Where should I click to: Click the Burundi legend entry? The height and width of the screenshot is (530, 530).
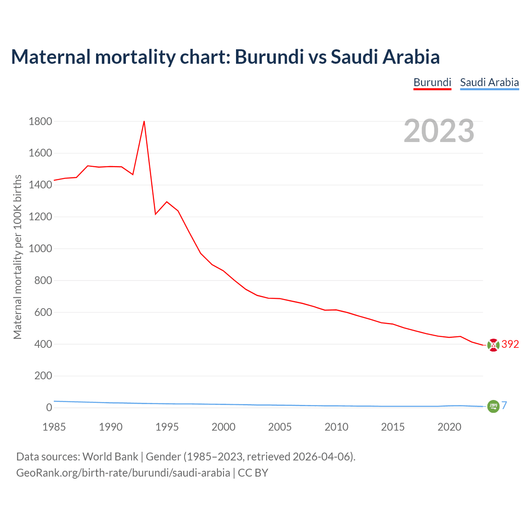432,82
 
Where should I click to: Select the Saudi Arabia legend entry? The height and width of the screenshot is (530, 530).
489,82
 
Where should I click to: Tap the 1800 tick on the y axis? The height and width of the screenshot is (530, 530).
41,121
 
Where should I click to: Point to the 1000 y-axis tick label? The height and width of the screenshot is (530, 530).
41,248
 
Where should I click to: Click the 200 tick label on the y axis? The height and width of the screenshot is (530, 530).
43,376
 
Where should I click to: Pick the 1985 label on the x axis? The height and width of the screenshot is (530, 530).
54,427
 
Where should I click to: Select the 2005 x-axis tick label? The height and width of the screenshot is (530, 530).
280,427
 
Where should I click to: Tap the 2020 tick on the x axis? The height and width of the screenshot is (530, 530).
449,427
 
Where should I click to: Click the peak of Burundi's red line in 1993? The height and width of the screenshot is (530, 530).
144,121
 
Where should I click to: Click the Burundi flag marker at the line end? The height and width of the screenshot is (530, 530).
493,345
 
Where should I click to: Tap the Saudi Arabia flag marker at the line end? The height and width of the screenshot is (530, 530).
493,406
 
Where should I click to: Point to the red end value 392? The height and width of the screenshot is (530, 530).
510,344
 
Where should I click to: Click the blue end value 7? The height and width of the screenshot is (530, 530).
504,406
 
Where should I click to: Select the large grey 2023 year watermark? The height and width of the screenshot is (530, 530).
439,131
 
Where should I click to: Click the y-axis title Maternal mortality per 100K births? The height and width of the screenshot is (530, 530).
17,257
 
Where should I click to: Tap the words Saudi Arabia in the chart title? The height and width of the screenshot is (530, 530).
385,57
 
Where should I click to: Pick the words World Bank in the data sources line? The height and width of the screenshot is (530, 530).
110,457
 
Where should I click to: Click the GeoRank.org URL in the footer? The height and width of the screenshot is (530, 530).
123,473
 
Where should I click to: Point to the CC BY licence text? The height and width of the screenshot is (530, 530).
253,473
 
